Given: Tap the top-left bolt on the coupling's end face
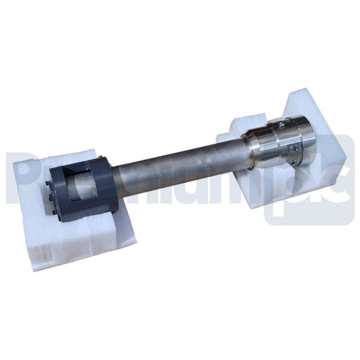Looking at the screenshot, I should click(x=49, y=185).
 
